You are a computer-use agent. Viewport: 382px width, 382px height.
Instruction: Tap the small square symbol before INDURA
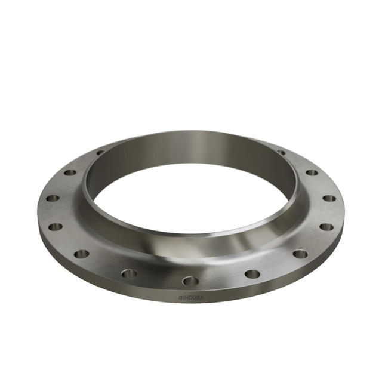click(180, 295)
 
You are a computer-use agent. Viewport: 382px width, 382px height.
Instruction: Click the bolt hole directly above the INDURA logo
click(190, 280)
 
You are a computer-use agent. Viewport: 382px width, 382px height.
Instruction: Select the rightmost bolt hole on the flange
click(329, 198)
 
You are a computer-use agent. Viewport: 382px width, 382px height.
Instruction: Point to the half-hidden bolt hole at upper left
click(101, 153)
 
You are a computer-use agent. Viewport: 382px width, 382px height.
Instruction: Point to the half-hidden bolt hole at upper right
click(281, 152)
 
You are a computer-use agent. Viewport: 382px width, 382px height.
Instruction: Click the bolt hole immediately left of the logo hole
click(130, 273)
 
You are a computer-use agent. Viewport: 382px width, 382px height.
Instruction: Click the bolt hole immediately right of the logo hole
click(252, 274)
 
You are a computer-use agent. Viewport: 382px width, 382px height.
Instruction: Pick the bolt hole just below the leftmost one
click(56, 227)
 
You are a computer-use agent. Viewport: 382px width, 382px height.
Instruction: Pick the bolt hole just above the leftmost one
click(70, 172)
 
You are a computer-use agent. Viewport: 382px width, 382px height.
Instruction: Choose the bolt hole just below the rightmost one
click(326, 227)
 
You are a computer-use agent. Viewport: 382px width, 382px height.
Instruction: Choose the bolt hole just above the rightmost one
click(312, 172)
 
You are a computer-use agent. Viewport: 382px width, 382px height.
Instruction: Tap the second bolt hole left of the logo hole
click(81, 254)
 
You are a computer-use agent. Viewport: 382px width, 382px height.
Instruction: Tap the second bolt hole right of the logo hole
click(300, 254)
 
